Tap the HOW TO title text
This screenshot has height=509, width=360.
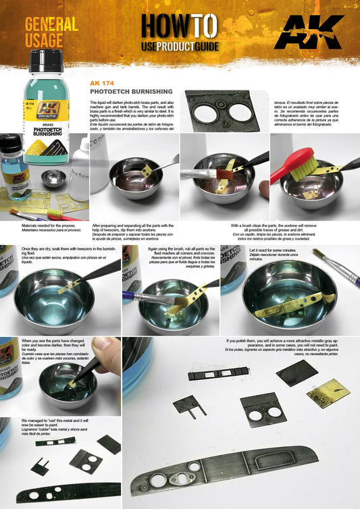(179, 25)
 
